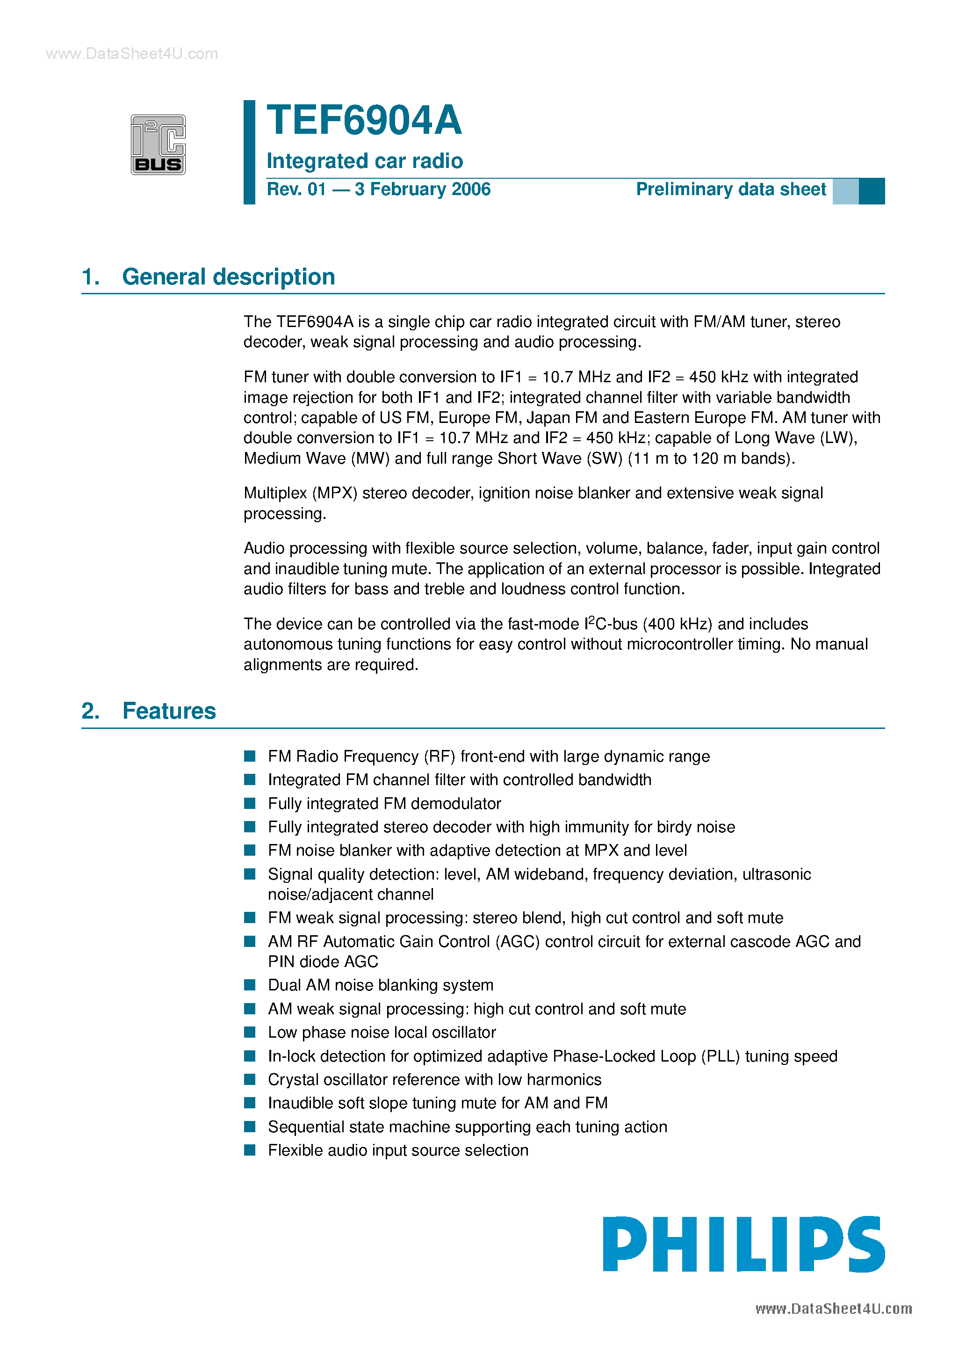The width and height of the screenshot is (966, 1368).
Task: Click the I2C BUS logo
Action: coord(158,145)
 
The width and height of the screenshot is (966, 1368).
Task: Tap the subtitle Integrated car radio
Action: coord(365,161)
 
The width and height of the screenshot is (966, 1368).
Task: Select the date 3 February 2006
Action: coord(422,189)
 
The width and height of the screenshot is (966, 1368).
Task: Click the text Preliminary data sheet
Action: coord(731,189)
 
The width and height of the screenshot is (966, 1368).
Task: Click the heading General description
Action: coord(228,277)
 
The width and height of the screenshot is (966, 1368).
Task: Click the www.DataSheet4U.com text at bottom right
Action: coord(833,1309)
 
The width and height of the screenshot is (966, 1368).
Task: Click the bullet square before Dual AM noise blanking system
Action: coord(250,985)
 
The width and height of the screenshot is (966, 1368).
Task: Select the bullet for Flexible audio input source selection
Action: coord(250,1150)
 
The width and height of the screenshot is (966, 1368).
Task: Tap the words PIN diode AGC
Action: coord(323,961)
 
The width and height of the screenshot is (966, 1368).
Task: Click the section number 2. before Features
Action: coord(91,711)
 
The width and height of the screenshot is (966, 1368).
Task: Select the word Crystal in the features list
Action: coord(291,1080)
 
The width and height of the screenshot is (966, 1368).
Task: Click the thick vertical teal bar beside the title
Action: coord(250,152)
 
